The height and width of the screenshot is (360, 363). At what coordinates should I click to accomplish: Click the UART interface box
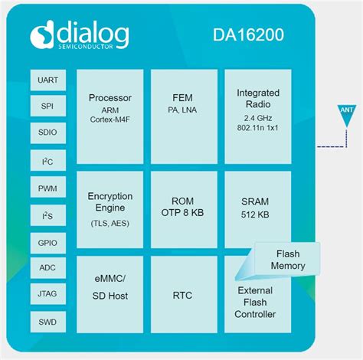(47, 80)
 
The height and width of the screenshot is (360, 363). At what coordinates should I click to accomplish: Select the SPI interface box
(47, 106)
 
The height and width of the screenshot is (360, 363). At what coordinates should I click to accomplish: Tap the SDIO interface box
(47, 133)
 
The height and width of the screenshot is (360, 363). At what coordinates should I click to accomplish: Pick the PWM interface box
(47, 187)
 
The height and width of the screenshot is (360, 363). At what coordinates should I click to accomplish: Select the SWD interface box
(47, 321)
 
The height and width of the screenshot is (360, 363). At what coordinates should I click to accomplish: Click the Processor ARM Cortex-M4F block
(110, 115)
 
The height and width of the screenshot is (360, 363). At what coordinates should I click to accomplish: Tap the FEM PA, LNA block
(184, 115)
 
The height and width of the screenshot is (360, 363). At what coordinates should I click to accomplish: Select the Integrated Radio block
(257, 115)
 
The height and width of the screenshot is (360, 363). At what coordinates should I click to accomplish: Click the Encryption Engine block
(110, 208)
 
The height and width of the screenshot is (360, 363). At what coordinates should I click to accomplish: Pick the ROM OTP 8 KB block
(184, 208)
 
